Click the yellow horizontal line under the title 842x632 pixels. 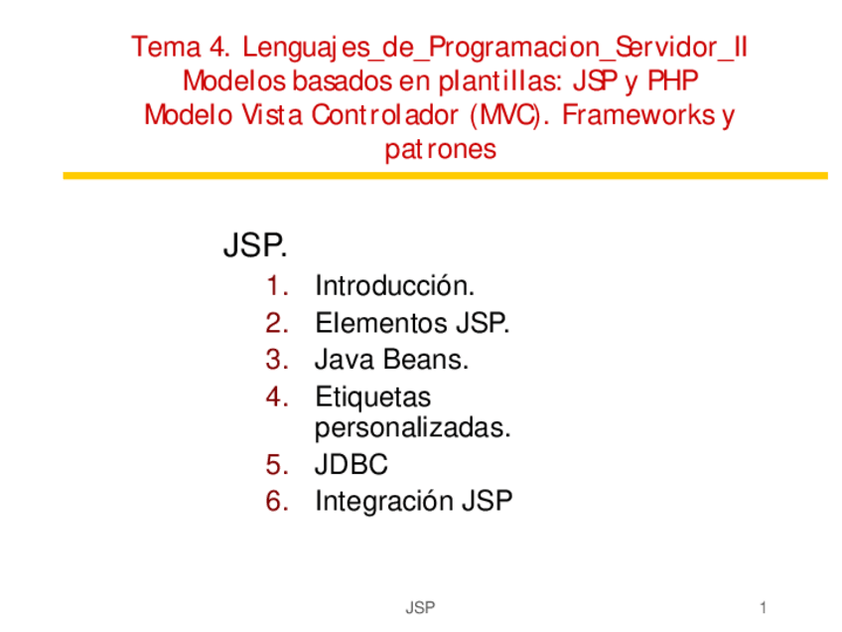click(445, 176)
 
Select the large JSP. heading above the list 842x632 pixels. click(255, 246)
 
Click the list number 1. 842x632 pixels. click(276, 287)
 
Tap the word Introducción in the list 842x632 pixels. click(394, 287)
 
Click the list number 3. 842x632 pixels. click(276, 360)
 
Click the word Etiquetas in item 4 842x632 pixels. click(372, 396)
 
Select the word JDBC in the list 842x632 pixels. click(351, 465)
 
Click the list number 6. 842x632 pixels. click(276, 501)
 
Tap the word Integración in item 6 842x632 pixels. click(382, 502)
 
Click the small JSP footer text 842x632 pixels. click(420, 606)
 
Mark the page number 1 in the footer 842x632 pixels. click(763, 606)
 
